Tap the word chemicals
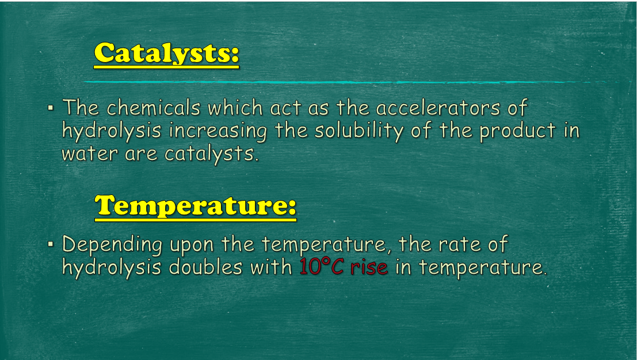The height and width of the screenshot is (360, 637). pyautogui.click(x=153, y=108)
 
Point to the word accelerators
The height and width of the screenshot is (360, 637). pyautogui.click(x=437, y=109)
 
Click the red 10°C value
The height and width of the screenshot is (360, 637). pyautogui.click(x=322, y=267)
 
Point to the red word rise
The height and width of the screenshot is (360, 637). pyautogui.click(x=369, y=267)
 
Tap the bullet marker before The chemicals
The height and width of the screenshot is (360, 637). pyautogui.click(x=51, y=108)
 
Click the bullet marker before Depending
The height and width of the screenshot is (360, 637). pyautogui.click(x=51, y=244)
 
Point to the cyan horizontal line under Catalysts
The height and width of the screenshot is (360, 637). pyautogui.click(x=345, y=82)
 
